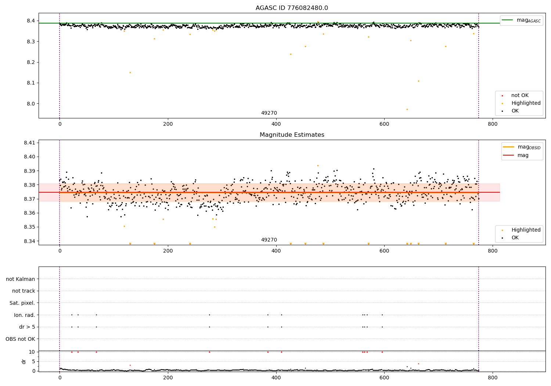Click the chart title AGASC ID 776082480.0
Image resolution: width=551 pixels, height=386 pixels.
point(292,8)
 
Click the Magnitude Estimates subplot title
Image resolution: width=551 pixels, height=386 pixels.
point(292,135)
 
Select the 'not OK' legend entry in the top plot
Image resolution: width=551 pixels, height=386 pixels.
point(520,96)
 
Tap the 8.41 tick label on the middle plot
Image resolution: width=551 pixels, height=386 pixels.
point(30,143)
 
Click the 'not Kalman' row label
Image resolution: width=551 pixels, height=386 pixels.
point(21,279)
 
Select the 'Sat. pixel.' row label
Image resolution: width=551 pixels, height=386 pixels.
point(22,303)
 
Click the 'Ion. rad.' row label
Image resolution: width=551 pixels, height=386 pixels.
point(25,315)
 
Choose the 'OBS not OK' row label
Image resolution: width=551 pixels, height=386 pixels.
point(21,339)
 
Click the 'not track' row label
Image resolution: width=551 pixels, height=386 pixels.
point(24,291)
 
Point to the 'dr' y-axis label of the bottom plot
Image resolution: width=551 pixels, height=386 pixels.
point(24,361)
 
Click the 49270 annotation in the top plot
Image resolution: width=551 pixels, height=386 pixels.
point(269,113)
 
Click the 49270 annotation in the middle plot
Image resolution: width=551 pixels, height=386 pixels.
point(269,240)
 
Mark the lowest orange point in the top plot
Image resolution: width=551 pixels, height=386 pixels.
point(407,109)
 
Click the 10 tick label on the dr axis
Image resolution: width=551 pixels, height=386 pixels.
point(32,352)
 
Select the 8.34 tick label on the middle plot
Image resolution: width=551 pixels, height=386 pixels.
point(30,241)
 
